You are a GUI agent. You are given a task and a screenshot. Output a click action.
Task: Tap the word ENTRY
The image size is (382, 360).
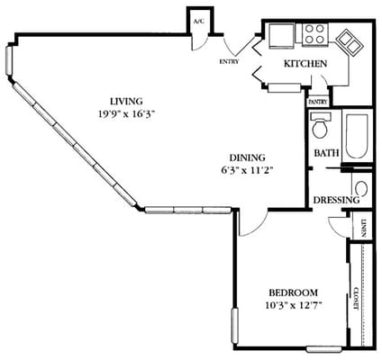[x=228, y=62]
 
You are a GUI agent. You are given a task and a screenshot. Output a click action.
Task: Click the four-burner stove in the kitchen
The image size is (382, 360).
[x=314, y=34]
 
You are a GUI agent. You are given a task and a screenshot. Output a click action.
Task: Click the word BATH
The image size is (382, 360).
[x=325, y=153]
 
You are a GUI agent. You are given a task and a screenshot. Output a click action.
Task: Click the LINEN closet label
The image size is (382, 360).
[x=363, y=229]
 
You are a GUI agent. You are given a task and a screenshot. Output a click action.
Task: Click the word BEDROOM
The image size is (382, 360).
[x=293, y=293]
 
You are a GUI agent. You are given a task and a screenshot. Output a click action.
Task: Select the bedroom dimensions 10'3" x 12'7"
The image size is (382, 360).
[x=293, y=306]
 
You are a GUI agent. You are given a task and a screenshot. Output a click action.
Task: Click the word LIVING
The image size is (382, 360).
[x=126, y=101]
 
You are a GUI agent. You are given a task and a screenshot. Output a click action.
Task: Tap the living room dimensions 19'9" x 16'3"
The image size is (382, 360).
[x=126, y=114]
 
